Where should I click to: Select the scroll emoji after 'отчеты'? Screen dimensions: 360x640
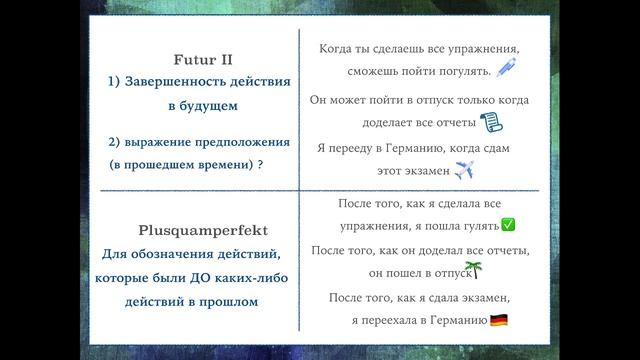(490, 122)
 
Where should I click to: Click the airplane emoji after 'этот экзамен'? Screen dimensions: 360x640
(464, 171)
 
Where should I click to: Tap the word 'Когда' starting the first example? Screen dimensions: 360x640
(337, 49)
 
